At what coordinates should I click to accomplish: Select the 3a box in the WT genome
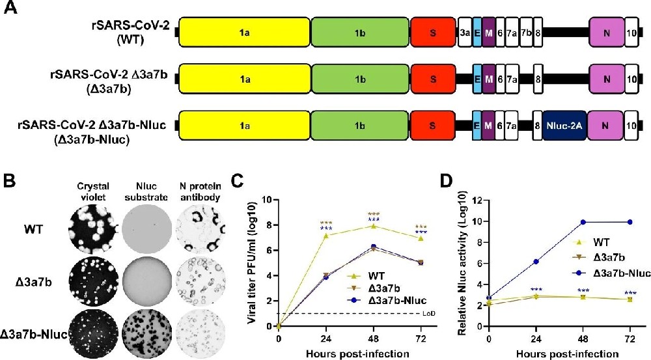(x=465, y=32)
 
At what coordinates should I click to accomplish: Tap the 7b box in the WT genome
(x=526, y=32)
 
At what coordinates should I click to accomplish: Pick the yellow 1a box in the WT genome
(x=244, y=32)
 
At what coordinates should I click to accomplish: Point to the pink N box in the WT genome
(x=606, y=32)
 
